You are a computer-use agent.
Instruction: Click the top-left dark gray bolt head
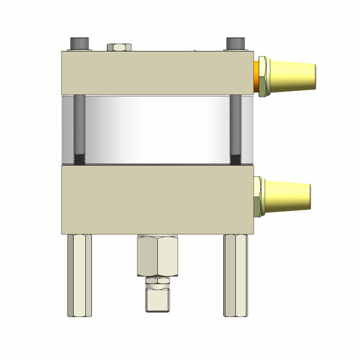point(79,44)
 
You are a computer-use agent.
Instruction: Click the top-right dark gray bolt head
point(235,44)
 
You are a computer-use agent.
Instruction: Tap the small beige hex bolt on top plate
point(119,47)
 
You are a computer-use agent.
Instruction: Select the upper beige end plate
point(158,73)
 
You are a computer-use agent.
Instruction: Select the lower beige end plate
point(158,199)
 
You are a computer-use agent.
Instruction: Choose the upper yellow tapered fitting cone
point(294,77)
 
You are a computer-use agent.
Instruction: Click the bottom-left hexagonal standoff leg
point(79,275)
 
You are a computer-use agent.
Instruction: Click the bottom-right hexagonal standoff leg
point(235,275)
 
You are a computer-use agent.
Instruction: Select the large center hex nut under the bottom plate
point(157,255)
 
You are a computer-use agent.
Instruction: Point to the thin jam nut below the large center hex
point(157,281)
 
